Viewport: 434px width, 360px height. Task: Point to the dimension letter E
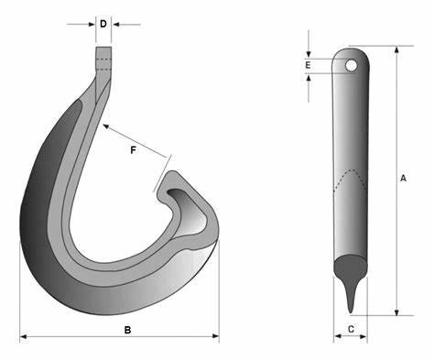[x=309, y=65]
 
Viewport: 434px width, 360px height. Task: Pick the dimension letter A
[x=404, y=180]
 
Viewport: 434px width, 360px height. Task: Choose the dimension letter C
[x=351, y=327]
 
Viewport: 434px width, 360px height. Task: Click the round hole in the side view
[x=351, y=65]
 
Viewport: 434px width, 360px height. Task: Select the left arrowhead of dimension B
[x=23, y=338]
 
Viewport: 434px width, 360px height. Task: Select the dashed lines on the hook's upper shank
[x=103, y=62]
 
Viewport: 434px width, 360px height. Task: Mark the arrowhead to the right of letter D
[x=117, y=24]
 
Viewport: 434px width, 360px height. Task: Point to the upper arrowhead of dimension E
[x=309, y=52]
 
